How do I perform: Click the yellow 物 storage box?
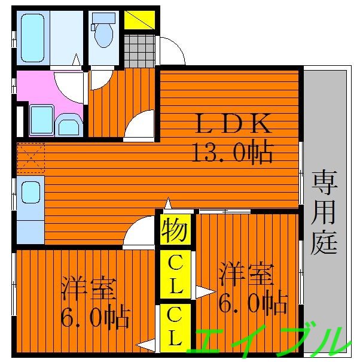[175, 230]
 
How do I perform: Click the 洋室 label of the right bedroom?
[246, 274]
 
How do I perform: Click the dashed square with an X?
[30, 157]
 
